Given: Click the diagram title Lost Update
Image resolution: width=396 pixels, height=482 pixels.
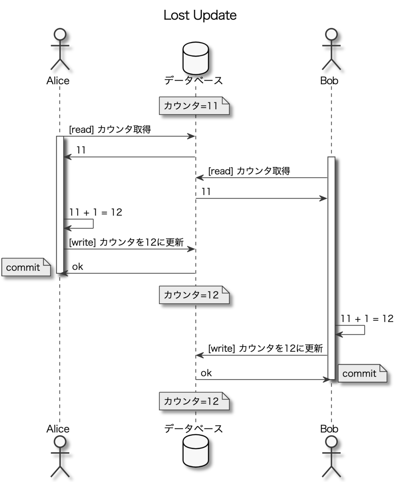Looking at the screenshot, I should (x=200, y=15).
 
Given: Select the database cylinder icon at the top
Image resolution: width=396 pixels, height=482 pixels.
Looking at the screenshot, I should (x=196, y=55).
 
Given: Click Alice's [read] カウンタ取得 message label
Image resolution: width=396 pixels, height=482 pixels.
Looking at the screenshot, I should (x=110, y=130).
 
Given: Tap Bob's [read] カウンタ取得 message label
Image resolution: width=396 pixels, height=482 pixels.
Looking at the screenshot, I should (x=249, y=171).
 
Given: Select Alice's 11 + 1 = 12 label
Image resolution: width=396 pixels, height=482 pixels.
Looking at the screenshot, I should (x=96, y=212).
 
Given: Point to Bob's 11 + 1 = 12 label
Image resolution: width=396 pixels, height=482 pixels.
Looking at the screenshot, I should (x=367, y=319).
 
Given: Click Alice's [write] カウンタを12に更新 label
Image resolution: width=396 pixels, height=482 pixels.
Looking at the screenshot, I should (x=126, y=243).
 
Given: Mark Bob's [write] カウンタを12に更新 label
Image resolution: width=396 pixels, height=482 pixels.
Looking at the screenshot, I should (x=265, y=348).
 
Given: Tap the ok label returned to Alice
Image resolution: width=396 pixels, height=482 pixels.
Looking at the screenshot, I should (x=78, y=267).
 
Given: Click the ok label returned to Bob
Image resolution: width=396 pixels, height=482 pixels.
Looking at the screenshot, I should (x=206, y=373).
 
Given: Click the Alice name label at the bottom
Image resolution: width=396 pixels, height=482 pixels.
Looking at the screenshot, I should (x=58, y=429).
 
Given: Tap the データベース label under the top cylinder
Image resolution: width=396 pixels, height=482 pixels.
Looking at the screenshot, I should (x=194, y=81).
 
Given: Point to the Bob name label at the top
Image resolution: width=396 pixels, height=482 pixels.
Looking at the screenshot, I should (x=329, y=81).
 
